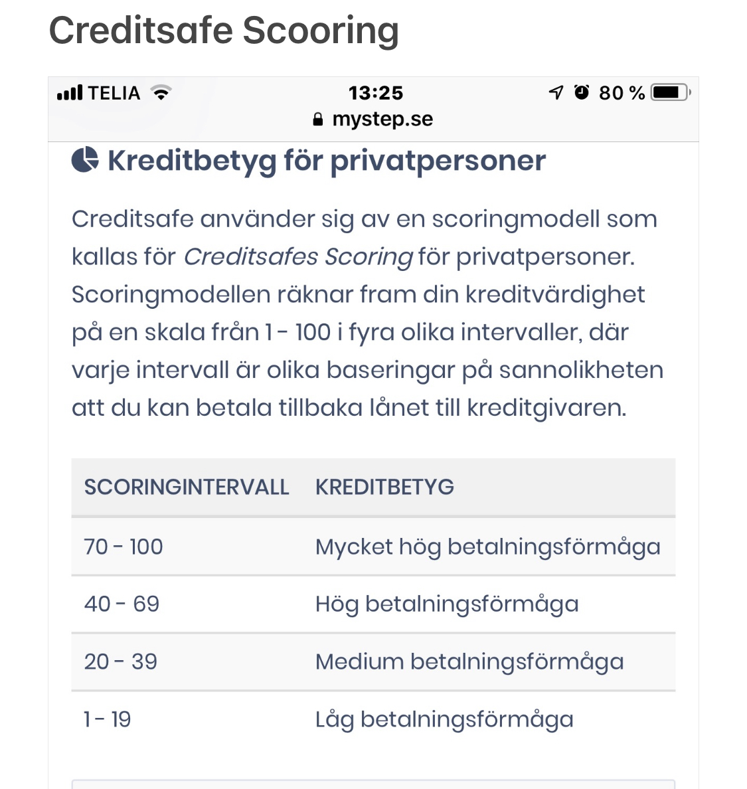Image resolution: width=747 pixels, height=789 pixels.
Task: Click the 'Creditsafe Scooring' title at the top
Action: point(224,31)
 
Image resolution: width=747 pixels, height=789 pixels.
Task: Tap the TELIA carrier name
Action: point(114,93)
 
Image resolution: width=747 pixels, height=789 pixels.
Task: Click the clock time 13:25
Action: point(376,93)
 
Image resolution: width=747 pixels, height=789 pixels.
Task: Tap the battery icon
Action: point(671,92)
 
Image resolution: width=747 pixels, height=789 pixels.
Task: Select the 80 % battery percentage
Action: point(622,93)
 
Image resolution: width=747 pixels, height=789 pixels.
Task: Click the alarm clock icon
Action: point(582,92)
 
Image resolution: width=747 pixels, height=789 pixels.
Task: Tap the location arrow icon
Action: point(556,92)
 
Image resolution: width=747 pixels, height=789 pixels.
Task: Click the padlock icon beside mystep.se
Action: point(318,120)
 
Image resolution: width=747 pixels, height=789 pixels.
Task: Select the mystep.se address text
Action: point(382,120)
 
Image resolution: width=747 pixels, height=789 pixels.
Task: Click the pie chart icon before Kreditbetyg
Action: point(85,160)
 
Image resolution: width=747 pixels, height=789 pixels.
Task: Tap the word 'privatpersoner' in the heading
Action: point(438,161)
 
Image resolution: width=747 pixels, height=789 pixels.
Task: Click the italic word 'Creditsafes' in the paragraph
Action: point(250,256)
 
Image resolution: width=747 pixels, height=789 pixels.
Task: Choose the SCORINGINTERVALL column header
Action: point(187,487)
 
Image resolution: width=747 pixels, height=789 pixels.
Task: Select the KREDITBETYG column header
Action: point(384,487)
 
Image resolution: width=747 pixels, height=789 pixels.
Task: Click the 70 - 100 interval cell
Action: point(124,547)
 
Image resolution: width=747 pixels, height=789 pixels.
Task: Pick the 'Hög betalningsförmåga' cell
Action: point(447,604)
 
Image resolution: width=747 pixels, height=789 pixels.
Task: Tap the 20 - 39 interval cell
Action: point(121,661)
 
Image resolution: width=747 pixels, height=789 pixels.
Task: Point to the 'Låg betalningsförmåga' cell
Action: point(444,719)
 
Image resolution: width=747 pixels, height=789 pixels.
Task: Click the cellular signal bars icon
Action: point(70,92)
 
